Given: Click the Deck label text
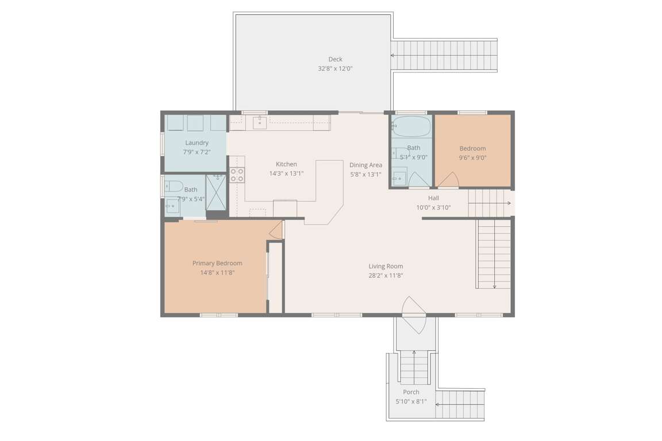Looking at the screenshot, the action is click(x=335, y=59).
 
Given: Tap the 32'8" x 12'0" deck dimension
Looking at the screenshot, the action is click(x=335, y=68).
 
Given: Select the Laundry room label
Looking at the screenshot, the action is click(x=197, y=142).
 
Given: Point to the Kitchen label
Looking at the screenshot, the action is click(x=286, y=164).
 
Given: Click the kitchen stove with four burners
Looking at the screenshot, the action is click(x=237, y=175).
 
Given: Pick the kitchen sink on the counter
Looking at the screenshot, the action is click(x=260, y=122).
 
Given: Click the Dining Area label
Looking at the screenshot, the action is click(x=365, y=165).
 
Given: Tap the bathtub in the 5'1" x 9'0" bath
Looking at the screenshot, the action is click(x=411, y=126).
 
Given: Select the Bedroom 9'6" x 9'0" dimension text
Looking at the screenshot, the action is click(x=472, y=158).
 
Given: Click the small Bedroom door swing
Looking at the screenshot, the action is click(x=448, y=180).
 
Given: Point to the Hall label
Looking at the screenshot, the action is click(x=434, y=198).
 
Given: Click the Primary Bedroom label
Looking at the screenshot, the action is click(x=217, y=264).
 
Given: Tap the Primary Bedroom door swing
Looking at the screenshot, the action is click(x=276, y=230).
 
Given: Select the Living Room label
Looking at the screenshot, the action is click(x=386, y=266).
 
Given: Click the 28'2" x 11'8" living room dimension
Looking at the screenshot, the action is click(x=386, y=276).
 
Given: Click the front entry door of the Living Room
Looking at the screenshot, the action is click(x=414, y=315).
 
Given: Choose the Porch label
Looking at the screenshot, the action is click(x=411, y=392).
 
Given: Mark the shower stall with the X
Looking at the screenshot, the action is click(x=216, y=192).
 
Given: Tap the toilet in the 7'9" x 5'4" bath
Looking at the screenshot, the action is click(x=174, y=186).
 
